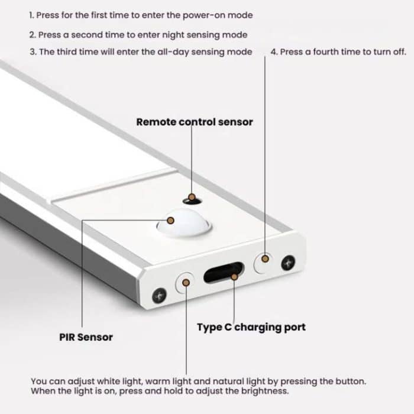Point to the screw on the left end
(159, 294)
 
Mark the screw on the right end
(289, 261)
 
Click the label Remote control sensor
(194, 122)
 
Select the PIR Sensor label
(86, 337)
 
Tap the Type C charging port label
(251, 327)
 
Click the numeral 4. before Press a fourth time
(274, 52)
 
